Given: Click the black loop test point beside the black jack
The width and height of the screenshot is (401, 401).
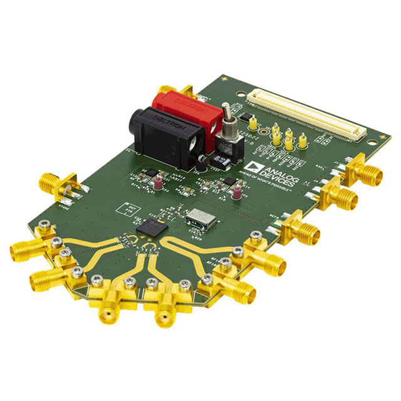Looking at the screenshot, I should (199, 164).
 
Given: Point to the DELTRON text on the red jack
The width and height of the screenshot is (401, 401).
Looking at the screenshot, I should (188, 100).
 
